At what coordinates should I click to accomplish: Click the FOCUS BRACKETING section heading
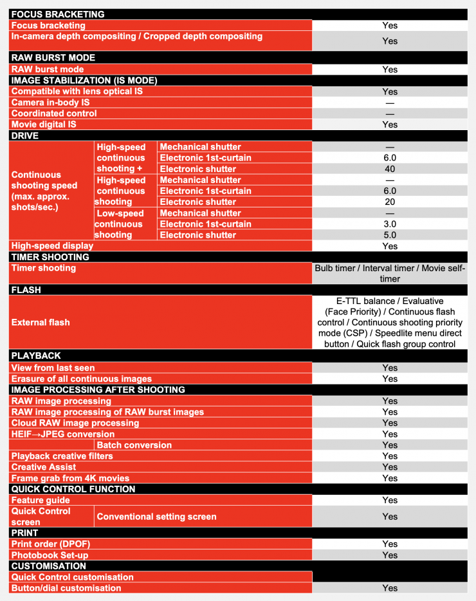point(58,14)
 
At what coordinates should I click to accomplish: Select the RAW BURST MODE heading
point(53,58)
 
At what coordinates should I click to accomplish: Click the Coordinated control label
point(54,113)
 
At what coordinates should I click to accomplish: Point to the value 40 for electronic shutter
point(390,169)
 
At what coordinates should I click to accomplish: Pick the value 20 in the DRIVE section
point(390,202)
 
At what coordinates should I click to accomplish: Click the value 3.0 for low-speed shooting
point(390,224)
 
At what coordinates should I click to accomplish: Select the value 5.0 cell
point(390,234)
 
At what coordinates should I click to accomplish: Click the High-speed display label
point(52,245)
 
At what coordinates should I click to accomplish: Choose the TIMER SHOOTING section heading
point(50,257)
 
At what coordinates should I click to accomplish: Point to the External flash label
point(41,322)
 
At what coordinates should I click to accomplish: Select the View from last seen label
point(53,368)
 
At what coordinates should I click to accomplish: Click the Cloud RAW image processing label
point(75,423)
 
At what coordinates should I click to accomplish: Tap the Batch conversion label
point(134,445)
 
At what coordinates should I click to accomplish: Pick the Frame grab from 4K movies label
point(70,478)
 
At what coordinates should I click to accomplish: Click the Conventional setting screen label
point(156,517)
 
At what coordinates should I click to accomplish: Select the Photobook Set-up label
point(50,555)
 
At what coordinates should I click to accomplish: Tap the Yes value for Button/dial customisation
point(390,588)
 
